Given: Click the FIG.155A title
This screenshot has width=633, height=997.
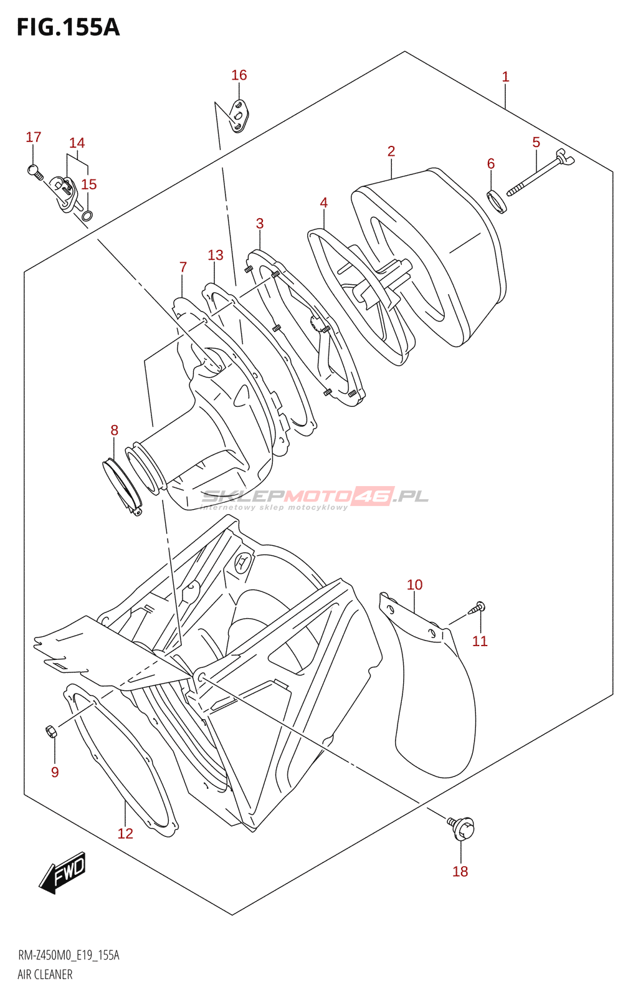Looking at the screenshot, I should click(68, 27).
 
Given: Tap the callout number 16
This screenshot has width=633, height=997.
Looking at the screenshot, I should click(239, 75).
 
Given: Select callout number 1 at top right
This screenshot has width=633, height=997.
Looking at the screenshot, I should click(505, 77).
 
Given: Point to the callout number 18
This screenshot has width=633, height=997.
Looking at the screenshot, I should click(460, 871).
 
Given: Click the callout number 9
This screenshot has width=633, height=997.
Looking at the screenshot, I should click(55, 772).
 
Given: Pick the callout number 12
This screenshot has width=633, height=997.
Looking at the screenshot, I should click(125, 833).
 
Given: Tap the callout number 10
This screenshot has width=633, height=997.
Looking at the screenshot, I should click(414, 584).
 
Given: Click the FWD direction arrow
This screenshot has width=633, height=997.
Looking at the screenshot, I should click(62, 872).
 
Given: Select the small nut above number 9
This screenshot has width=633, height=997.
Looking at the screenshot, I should click(51, 731).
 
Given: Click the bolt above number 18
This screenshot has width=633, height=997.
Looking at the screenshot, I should click(462, 827).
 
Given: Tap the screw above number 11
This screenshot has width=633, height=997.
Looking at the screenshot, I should click(478, 607).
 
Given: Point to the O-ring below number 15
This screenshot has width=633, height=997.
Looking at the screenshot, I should click(88, 216).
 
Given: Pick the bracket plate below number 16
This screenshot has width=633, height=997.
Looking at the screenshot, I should click(239, 116).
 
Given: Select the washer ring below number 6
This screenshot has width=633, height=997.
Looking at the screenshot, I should click(497, 201).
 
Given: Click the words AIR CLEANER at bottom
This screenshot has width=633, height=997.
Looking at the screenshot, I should click(45, 975).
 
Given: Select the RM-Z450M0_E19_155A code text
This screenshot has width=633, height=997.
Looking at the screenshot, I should click(69, 955).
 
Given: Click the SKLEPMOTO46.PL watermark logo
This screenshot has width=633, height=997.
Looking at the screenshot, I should click(315, 497).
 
